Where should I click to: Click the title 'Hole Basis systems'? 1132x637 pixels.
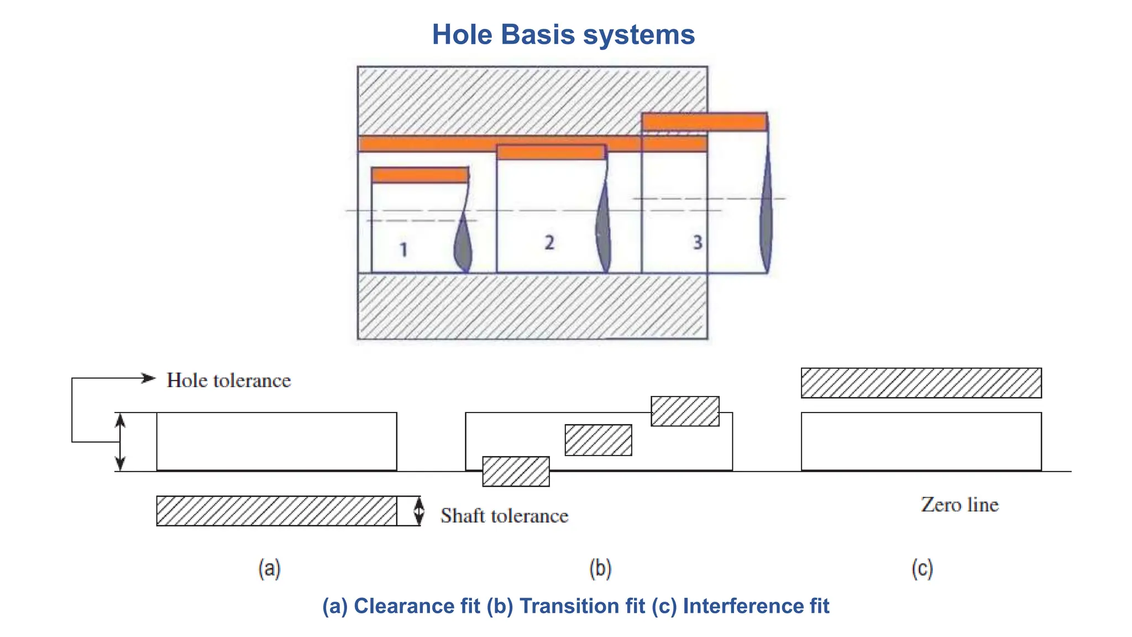click(x=563, y=34)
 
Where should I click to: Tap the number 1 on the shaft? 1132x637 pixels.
click(x=404, y=249)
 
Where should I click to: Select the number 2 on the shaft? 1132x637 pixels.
click(x=549, y=242)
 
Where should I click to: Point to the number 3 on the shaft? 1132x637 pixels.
click(x=698, y=242)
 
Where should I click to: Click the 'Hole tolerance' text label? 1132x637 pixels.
click(x=229, y=380)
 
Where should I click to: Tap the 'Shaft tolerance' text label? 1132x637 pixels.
click(x=504, y=515)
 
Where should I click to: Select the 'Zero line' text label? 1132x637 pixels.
click(x=960, y=504)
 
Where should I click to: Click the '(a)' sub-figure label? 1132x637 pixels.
click(x=270, y=568)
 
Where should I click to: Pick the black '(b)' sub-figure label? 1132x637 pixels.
click(x=600, y=568)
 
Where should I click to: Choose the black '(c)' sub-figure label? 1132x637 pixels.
click(x=922, y=568)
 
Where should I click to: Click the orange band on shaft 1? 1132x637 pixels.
click(x=420, y=175)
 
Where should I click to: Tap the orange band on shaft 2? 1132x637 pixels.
click(x=551, y=152)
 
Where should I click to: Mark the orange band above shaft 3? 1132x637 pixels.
click(x=704, y=122)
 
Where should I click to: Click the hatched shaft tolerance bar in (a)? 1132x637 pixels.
click(x=276, y=511)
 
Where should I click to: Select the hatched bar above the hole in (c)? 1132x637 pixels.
click(x=921, y=383)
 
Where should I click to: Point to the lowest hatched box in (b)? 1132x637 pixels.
click(x=516, y=471)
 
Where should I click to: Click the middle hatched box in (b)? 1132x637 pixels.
click(x=598, y=440)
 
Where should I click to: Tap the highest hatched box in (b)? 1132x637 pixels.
click(x=685, y=411)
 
